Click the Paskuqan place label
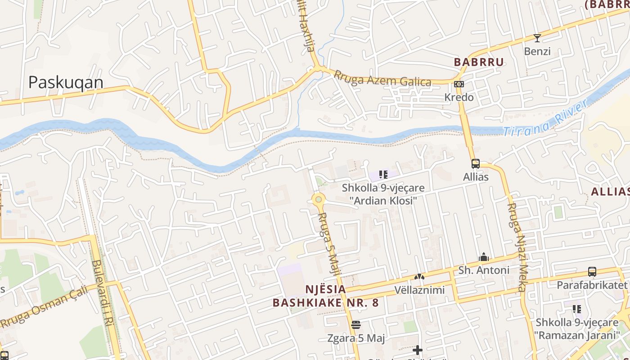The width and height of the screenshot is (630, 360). click(x=66, y=82)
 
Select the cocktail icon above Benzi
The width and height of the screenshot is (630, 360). click(x=537, y=38)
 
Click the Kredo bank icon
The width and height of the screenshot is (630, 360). click(x=459, y=84)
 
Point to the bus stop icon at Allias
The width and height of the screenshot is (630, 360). click(x=475, y=164)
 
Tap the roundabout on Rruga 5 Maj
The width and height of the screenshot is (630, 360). click(x=319, y=199)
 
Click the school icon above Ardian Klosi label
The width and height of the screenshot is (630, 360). click(x=383, y=175)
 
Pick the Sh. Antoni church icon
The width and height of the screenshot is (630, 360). click(x=484, y=257)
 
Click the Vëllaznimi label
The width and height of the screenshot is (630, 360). click(x=419, y=290)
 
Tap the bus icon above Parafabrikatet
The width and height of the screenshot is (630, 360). click(x=592, y=272)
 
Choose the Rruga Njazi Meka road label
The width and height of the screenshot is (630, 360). click(x=517, y=247)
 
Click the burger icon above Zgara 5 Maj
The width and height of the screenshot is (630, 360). click(x=356, y=324)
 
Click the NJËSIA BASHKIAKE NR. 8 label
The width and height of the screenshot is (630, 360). click(x=325, y=296)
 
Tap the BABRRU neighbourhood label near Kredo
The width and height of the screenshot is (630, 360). click(x=478, y=62)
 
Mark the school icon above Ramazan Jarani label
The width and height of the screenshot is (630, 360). click(x=576, y=309)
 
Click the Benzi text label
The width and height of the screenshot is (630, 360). click(x=537, y=51)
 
